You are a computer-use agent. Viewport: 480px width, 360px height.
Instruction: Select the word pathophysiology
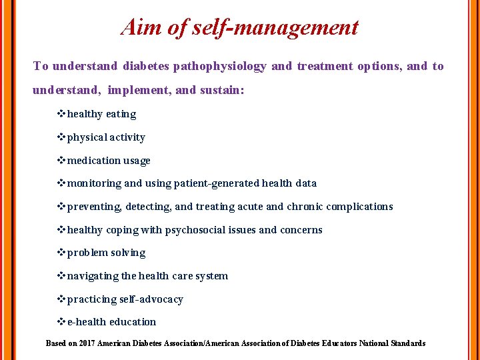pos(219,66)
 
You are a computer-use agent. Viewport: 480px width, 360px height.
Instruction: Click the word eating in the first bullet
pos(121,114)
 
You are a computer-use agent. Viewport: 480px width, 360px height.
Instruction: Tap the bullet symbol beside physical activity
pos(62,137)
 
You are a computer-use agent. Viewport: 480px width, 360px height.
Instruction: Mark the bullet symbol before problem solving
pos(62,253)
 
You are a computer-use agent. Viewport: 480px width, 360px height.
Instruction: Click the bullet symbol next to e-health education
pos(62,322)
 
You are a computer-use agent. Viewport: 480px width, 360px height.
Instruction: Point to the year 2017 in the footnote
pos(86,343)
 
